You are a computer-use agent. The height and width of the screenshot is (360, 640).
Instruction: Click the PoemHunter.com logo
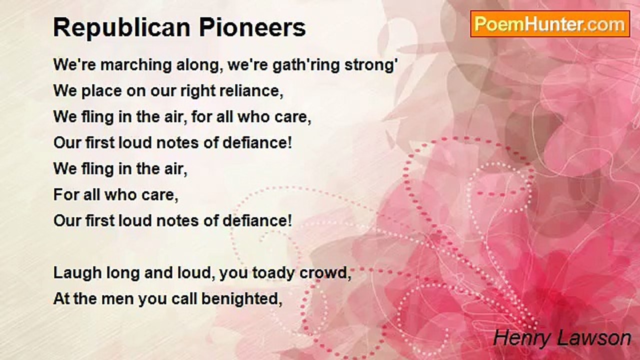point(549,24)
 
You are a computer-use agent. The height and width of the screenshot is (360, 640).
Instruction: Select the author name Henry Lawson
point(561,338)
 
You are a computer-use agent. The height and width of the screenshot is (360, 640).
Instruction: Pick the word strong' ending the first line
point(371,65)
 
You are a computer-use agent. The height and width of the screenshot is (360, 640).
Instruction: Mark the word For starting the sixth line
point(64,194)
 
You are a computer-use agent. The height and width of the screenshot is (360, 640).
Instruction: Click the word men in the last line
point(118,298)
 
